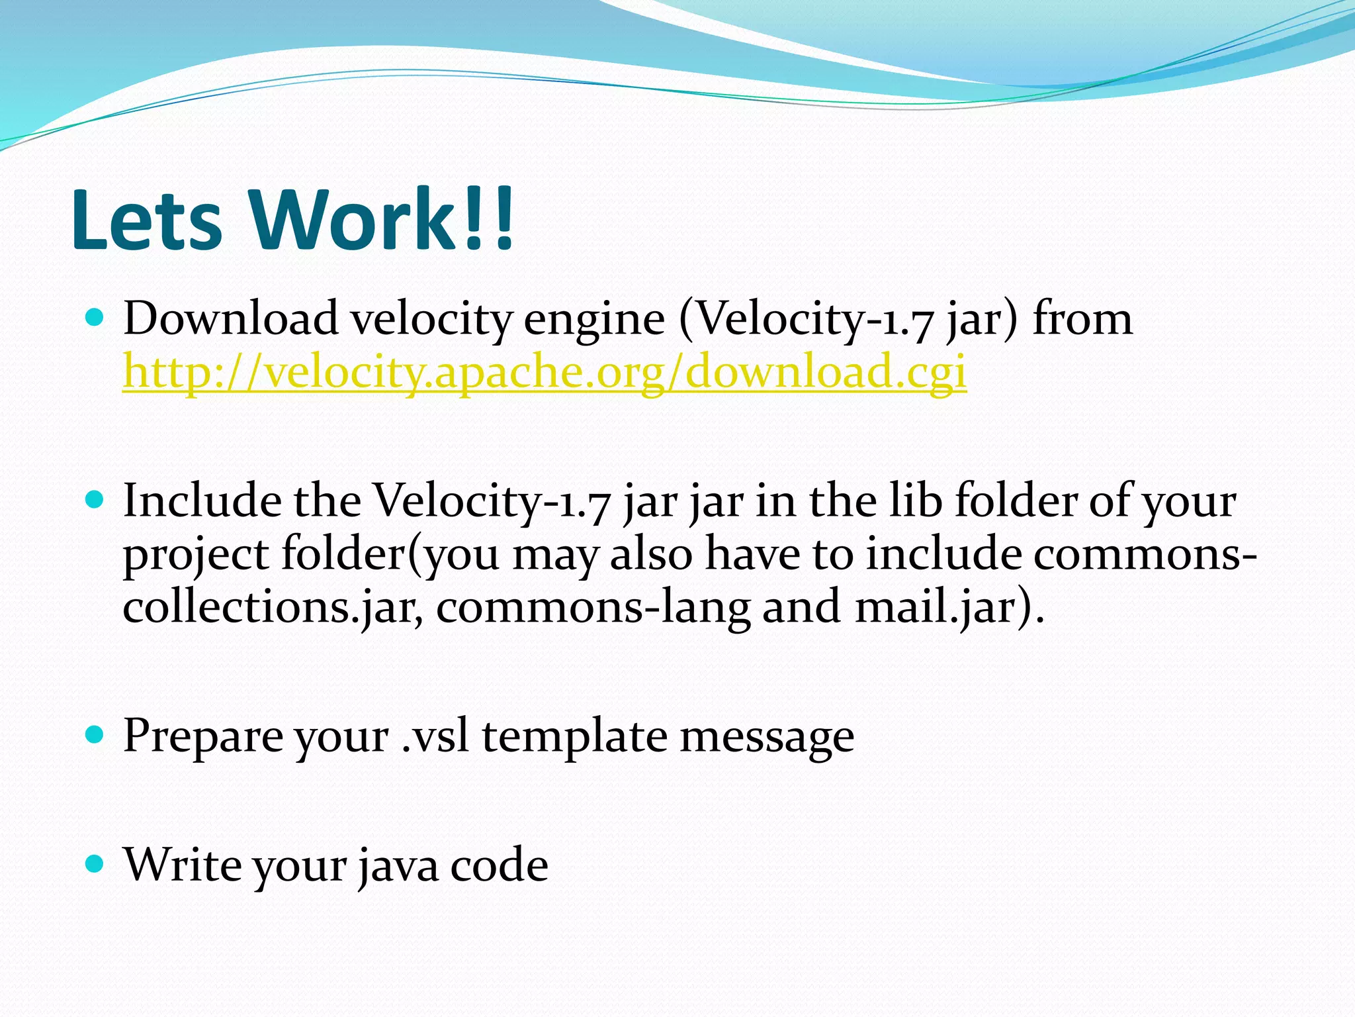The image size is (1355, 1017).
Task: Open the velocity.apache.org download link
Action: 545,371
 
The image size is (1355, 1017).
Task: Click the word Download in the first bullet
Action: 231,319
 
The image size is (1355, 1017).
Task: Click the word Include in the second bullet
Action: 202,501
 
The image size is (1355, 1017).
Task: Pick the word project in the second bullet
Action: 196,555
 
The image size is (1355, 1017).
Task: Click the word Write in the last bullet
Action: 182,865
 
